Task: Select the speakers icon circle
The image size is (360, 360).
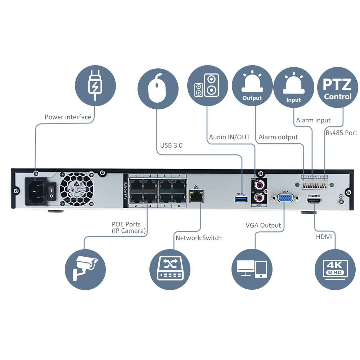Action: click(207, 85)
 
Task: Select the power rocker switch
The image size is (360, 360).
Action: click(52, 192)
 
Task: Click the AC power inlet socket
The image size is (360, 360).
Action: click(36, 191)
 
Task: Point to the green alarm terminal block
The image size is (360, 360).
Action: click(314, 185)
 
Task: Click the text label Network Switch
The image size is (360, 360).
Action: click(198, 238)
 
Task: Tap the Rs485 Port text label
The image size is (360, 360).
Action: click(341, 133)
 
